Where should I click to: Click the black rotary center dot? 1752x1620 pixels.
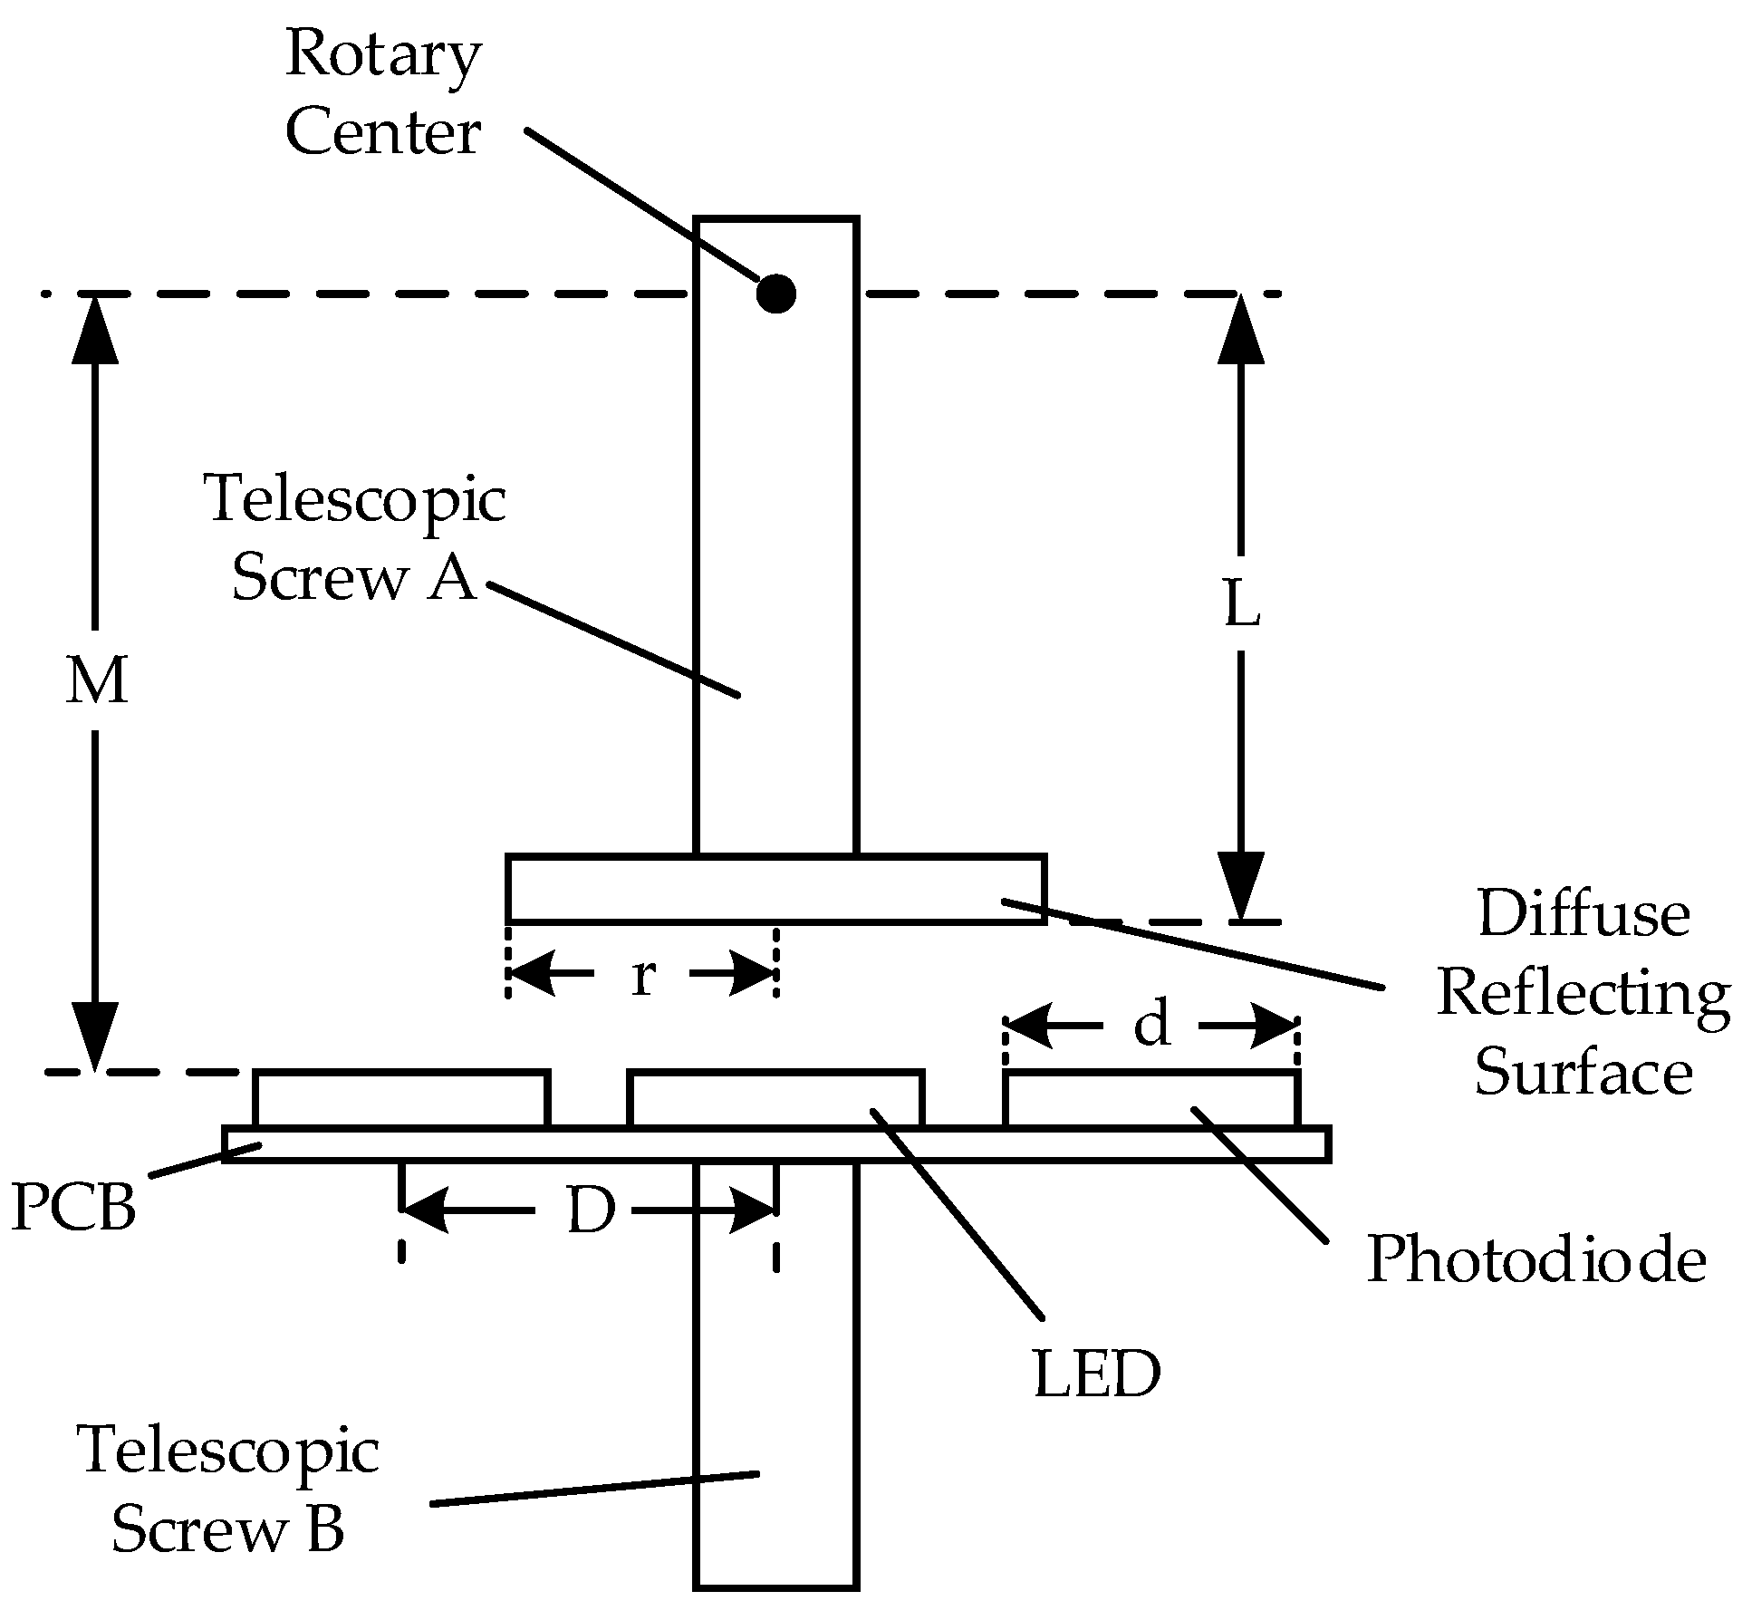point(775,294)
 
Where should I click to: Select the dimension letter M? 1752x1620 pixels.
point(96,681)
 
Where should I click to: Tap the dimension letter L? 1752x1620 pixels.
point(1242,604)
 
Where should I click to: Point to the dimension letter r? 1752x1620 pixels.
point(642,976)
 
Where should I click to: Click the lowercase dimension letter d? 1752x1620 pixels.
point(1151,1025)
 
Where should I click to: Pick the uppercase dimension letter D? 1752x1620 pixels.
point(591,1210)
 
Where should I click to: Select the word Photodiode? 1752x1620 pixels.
point(1536,1259)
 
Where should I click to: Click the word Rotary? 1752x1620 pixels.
point(383,54)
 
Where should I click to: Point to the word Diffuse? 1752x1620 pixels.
point(1584,913)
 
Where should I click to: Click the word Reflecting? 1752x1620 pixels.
point(1584,994)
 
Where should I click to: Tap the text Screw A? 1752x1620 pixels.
point(353,578)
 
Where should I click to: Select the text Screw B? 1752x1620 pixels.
point(227,1528)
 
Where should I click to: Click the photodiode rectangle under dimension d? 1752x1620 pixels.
point(1151,1099)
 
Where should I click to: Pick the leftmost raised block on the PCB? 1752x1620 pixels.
point(401,1099)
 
